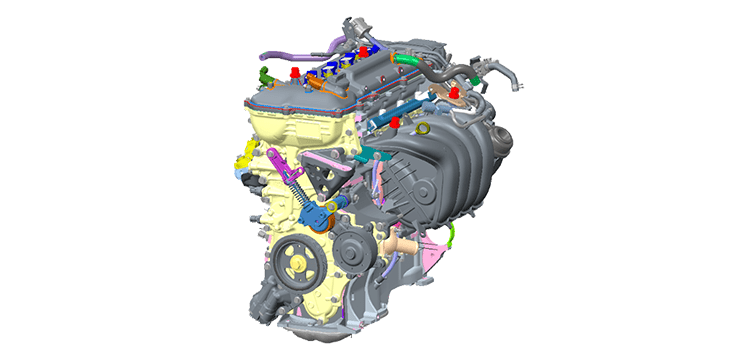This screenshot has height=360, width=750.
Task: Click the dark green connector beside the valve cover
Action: click(263, 77)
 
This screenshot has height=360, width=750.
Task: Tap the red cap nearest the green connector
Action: click(295, 73)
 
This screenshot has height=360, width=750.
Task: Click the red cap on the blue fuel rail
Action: click(396, 121)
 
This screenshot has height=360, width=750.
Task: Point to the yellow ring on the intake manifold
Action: click(423, 128)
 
